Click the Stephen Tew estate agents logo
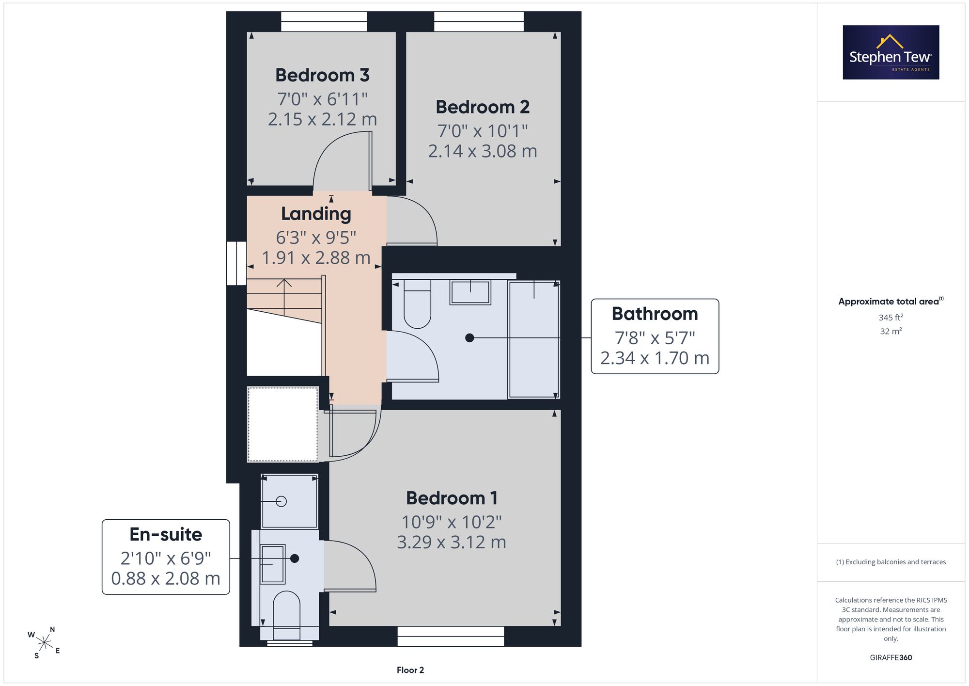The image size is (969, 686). coord(891,52)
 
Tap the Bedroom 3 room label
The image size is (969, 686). coord(322,75)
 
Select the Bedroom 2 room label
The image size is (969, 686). coord(483,107)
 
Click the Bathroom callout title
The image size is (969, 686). coord(655,314)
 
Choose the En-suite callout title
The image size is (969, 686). coord(166,534)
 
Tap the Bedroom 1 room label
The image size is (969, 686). coord(452,498)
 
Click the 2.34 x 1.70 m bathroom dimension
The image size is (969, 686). coord(655,358)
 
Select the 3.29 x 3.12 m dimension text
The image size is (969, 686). coord(452,542)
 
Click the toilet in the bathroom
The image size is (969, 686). coord(417,304)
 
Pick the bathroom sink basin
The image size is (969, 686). coord(470,292)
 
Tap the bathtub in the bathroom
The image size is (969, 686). coord(533,339)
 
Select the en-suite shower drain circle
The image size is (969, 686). coord(281,501)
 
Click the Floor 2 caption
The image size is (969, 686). coord(410,670)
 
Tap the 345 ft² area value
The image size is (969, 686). coord(891,318)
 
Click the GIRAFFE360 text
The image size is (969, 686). coord(891,657)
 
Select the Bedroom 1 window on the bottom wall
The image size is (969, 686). coord(451,637)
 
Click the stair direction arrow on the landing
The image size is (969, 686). coord(284,297)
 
